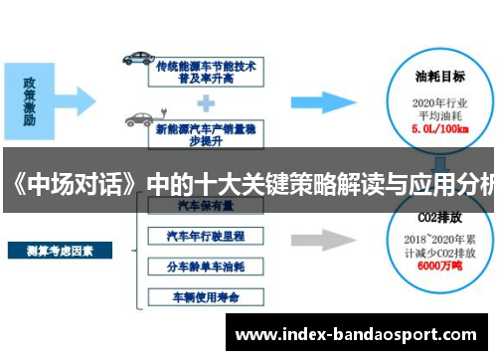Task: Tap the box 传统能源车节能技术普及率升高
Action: pos(205,71)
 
